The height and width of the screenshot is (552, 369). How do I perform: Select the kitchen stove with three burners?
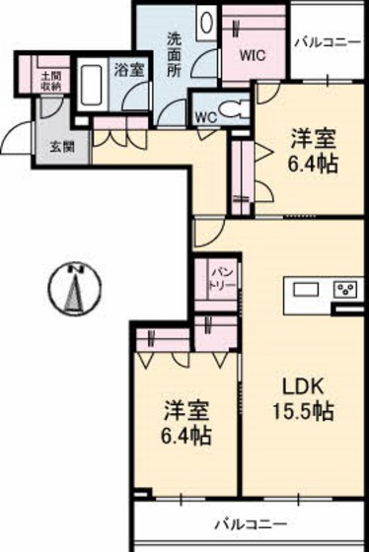345,290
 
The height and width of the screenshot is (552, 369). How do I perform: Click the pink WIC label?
254,56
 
